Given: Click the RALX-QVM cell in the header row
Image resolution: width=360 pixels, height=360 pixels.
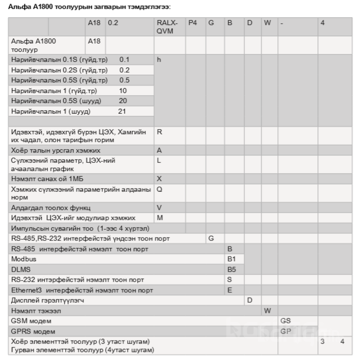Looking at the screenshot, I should pyautogui.click(x=168, y=27).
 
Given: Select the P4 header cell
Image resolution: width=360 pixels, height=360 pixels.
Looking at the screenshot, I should pyautogui.click(x=193, y=22).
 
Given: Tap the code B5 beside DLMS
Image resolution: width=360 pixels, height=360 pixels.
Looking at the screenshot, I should pyautogui.click(x=232, y=269).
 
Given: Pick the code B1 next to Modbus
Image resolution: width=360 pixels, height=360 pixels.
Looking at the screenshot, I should pyautogui.click(x=232, y=259).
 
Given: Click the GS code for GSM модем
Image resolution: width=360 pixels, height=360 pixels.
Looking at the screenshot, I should pyautogui.click(x=286, y=321).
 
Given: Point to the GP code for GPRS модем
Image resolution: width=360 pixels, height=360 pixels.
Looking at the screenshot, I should pyautogui.click(x=286, y=331).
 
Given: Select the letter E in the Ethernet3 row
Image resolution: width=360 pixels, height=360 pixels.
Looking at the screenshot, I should pyautogui.click(x=229, y=290).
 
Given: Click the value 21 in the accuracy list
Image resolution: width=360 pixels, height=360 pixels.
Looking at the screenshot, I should pyautogui.click(x=122, y=111).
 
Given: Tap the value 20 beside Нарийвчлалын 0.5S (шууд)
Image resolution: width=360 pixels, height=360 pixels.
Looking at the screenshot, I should pyautogui.click(x=123, y=101).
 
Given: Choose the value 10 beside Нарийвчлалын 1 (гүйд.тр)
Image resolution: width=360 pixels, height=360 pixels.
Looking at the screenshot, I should pyautogui.click(x=123, y=90).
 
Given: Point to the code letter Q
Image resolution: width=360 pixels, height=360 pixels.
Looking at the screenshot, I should pyautogui.click(x=159, y=189).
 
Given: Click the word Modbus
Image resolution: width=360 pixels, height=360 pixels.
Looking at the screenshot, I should pyautogui.click(x=24, y=259).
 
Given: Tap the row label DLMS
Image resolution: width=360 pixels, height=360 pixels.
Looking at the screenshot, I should pyautogui.click(x=20, y=269).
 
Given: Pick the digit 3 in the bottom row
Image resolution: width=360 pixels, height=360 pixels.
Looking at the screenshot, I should pyautogui.click(x=322, y=342).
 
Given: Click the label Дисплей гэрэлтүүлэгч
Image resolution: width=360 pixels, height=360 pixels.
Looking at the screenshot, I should pyautogui.click(x=47, y=300).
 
